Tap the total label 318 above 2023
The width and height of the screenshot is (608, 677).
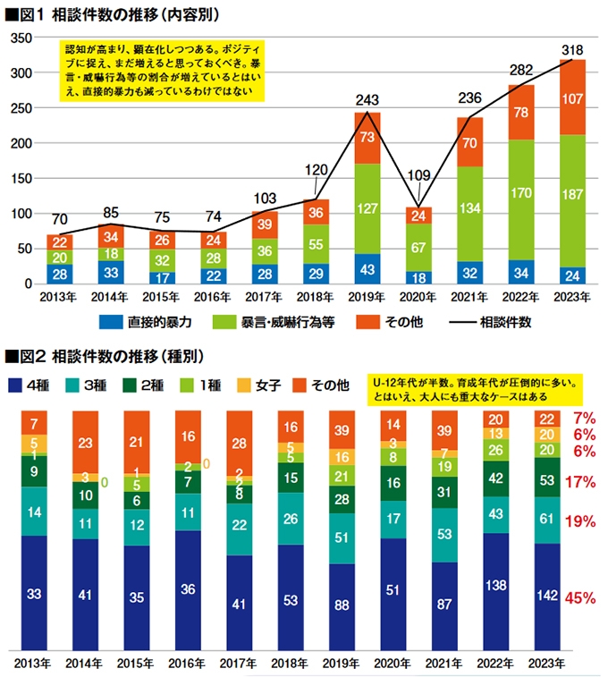pos(572,48)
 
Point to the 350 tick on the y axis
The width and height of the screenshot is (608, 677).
pos(21,38)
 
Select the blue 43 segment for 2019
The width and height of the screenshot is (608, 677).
pos(367,269)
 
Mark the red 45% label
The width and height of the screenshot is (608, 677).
pos(581,598)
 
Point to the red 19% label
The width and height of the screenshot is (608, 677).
pos(581,520)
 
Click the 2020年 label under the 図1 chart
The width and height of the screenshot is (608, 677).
pos(418,297)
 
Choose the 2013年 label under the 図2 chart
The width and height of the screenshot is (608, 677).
pos(34,664)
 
